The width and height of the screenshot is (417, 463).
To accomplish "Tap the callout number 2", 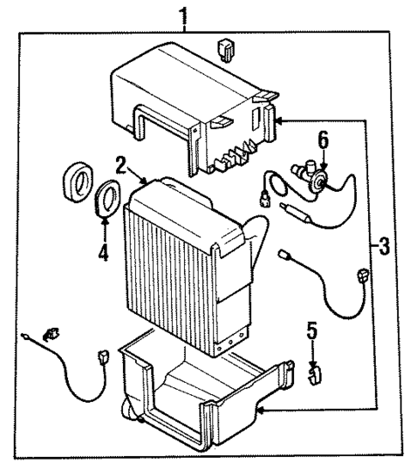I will [123, 164].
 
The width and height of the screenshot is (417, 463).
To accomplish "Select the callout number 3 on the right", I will [383, 248].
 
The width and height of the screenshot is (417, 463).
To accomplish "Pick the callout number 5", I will [313, 330].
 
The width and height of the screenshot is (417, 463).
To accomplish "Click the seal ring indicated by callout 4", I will [107, 198].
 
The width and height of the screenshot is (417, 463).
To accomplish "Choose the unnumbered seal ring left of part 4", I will [78, 186].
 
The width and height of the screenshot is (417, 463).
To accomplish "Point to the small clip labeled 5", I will [315, 372].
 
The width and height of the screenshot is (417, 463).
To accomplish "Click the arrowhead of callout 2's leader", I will [151, 183].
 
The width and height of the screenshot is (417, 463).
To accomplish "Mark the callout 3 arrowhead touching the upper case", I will [279, 122].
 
